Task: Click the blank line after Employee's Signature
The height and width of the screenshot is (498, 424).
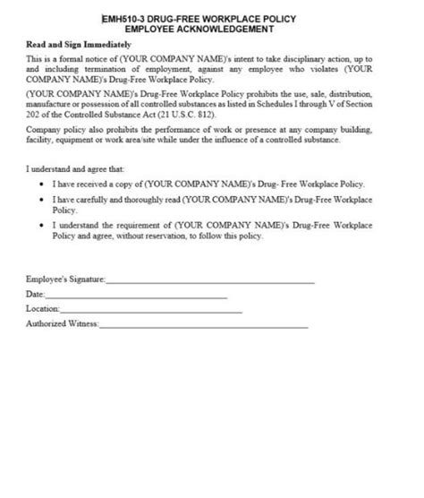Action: click(210, 283)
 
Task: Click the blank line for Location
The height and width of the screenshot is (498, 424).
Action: click(152, 312)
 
